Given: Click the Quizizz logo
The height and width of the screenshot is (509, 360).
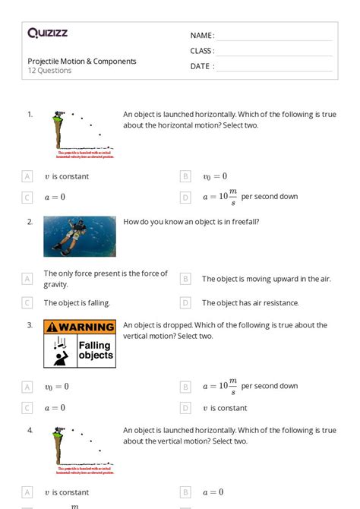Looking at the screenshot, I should [x=47, y=33].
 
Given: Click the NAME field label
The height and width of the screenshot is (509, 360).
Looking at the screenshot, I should [x=201, y=36].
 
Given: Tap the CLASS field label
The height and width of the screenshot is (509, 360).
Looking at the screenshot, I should [x=202, y=51].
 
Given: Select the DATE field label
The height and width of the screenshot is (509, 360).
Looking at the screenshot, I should [x=201, y=66].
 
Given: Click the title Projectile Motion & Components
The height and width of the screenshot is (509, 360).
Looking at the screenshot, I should [x=82, y=61].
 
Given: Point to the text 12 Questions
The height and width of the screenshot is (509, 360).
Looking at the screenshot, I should [x=49, y=71].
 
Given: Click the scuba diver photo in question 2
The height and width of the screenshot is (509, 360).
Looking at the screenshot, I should [x=80, y=236].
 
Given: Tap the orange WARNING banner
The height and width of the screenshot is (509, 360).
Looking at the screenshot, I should [x=80, y=327].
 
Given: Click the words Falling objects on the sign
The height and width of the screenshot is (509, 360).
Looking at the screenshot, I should [x=96, y=350].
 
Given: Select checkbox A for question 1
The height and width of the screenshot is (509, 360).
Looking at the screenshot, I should [x=27, y=176].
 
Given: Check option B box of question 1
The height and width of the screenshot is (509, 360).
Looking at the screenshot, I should [x=185, y=176].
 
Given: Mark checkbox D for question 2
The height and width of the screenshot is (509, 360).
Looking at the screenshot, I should [x=185, y=302].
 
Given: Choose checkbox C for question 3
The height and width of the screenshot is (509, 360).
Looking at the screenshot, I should [x=27, y=408].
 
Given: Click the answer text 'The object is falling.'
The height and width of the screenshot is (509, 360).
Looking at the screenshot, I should [x=77, y=302].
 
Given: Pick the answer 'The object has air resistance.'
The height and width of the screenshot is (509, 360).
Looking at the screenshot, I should [x=248, y=302].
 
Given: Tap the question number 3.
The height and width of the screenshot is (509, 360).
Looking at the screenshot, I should [x=30, y=325].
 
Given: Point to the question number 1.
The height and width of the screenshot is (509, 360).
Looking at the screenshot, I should [x=30, y=114].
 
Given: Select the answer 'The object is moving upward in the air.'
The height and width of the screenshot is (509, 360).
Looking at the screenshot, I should [x=266, y=279].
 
